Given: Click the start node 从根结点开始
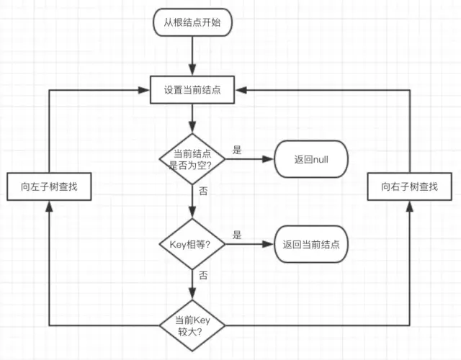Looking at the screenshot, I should [192, 23].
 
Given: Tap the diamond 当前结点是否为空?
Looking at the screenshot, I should [192, 158].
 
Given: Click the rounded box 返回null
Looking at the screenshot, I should [311, 158].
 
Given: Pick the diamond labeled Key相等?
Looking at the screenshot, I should [192, 244].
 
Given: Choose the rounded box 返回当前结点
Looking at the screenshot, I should [311, 244].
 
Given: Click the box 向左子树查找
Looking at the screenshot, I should [48, 186].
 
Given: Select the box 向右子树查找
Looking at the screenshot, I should [410, 186].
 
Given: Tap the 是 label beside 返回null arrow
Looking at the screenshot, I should [237, 150].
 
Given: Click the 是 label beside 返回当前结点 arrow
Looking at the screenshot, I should [237, 235].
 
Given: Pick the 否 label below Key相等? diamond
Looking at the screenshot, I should [204, 275].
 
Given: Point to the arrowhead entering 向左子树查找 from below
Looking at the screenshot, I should [48, 206].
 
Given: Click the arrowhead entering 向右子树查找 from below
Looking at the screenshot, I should [410, 206].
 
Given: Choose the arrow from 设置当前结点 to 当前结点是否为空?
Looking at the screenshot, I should [192, 116].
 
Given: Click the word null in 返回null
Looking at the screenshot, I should [320, 158].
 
